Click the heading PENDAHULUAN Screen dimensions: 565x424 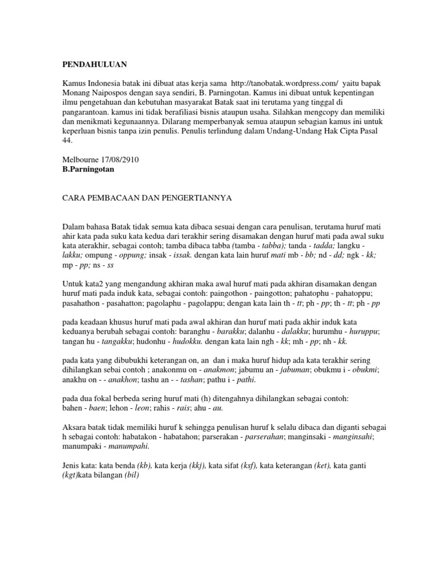pos(94,65)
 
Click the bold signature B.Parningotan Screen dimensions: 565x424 pos(88,169)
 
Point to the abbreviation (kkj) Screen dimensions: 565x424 pos(198,466)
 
